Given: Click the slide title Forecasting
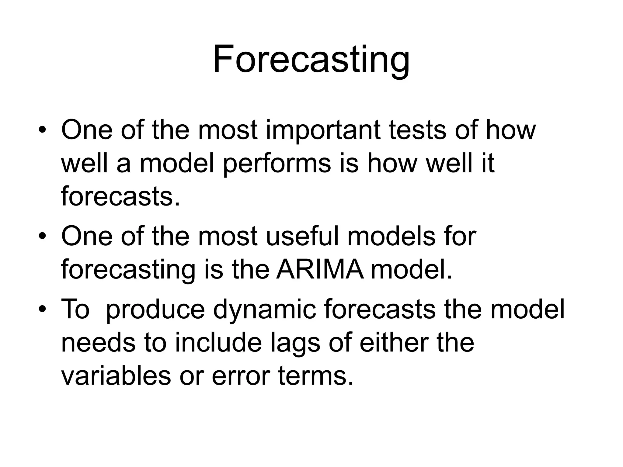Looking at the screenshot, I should click(311, 59).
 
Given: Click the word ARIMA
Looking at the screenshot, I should click(320, 270).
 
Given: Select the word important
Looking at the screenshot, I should click(323, 130).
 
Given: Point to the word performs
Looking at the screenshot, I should click(277, 163).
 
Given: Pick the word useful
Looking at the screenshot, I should click(302, 236).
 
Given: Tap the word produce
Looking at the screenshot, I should click(155, 310).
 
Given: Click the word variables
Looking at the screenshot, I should click(116, 376).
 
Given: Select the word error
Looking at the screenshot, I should click(240, 376).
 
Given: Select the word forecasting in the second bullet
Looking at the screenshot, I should click(128, 270).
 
